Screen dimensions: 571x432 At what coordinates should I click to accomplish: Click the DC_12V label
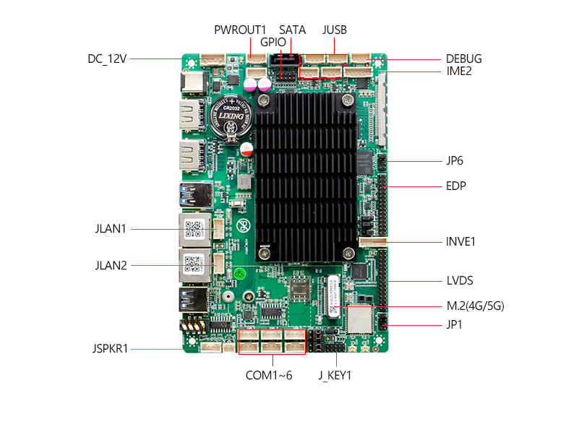coord(107,59)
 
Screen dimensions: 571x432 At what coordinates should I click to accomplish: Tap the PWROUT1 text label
coord(240,30)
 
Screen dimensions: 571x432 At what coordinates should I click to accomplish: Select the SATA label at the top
coord(293,30)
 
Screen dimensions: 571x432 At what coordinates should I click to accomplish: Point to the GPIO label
coord(273,42)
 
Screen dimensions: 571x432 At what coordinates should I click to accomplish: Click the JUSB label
coord(335,30)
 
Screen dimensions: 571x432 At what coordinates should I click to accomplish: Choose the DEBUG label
coord(464,59)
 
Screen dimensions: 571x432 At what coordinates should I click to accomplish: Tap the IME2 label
coord(459,71)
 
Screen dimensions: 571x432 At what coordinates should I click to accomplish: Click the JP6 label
coord(455,160)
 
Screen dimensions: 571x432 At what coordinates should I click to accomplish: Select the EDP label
coord(456,186)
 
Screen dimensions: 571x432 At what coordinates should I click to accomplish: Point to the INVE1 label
coord(460,242)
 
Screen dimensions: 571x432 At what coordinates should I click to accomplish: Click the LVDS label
coord(460,280)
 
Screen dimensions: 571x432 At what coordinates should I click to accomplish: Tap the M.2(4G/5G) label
coord(476,306)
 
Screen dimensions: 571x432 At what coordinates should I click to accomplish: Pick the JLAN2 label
coord(111,266)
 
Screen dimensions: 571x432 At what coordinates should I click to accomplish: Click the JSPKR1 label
coord(111,349)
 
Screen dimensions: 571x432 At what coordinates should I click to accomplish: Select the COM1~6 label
coord(269,375)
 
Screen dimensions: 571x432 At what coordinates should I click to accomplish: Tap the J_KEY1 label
coord(335,375)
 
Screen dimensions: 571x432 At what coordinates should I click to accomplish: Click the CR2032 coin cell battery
coord(231,116)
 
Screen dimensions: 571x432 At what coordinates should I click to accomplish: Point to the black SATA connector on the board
coord(284,60)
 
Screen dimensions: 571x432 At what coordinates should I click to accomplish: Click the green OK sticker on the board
coord(239,273)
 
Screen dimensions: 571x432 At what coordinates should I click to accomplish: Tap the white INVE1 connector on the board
coord(373,242)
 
